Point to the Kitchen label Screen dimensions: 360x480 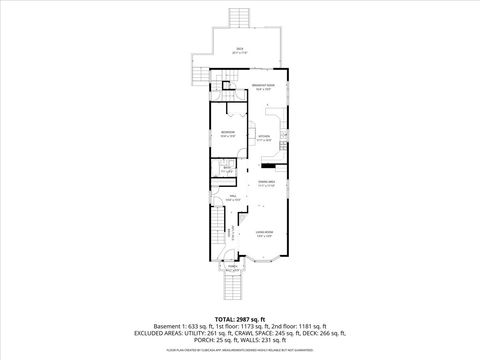(x=264, y=139)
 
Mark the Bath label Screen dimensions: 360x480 (x=227, y=169)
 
